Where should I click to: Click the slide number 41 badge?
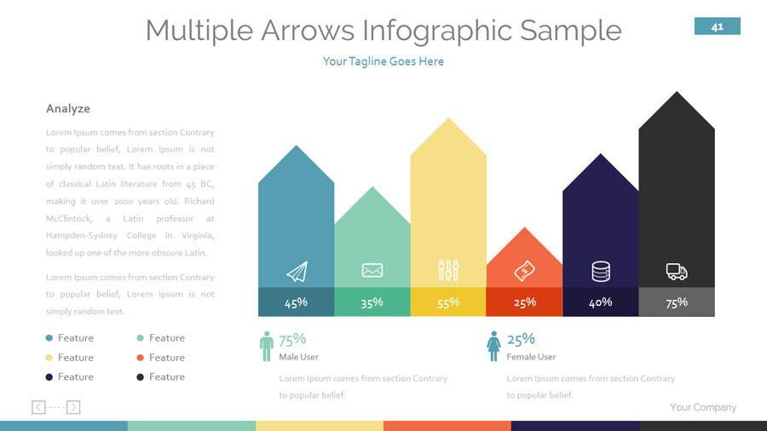[718, 26]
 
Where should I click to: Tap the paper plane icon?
[297, 272]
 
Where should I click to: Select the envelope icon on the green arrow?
[372, 271]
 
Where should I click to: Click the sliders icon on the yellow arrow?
[448, 271]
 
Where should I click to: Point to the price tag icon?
[525, 271]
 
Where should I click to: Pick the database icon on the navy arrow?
[601, 272]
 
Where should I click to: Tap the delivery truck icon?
[677, 272]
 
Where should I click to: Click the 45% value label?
[296, 302]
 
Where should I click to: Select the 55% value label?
[448, 302]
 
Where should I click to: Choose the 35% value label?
[372, 302]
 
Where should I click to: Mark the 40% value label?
[601, 302]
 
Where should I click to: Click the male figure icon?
[267, 346]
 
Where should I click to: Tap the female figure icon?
[493, 346]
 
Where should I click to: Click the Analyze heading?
[68, 109]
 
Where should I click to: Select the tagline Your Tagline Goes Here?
[383, 61]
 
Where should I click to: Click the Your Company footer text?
[703, 407]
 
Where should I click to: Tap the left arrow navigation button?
[38, 407]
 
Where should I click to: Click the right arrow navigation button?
[73, 407]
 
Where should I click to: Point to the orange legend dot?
[140, 358]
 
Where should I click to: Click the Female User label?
[531, 357]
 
